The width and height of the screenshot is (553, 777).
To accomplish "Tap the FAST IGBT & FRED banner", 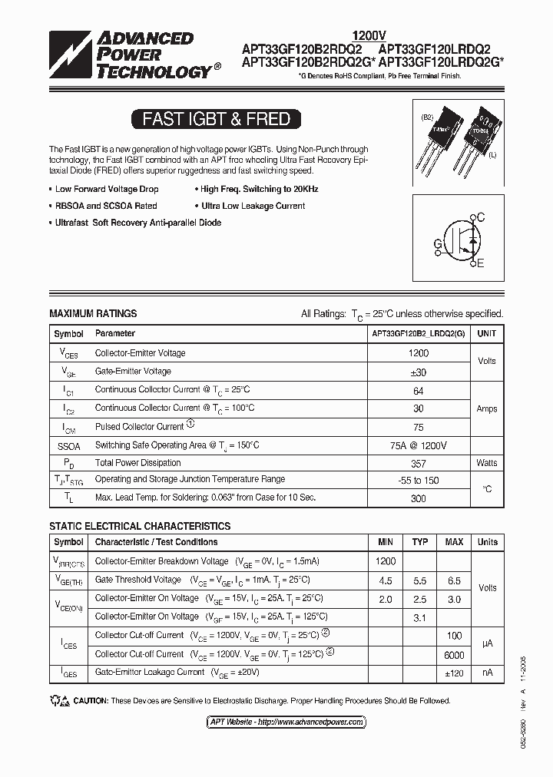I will click(x=216, y=119).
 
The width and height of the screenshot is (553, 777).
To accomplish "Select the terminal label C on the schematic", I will click(x=480, y=218).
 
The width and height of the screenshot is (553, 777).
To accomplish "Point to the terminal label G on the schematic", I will click(x=437, y=244).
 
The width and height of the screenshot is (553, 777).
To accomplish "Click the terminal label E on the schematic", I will click(x=480, y=264).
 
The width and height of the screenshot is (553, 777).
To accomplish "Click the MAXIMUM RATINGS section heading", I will click(x=93, y=313).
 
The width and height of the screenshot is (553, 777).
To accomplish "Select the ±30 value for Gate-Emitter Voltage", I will click(x=418, y=372).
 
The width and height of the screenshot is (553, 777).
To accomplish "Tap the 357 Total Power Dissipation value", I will click(x=418, y=463).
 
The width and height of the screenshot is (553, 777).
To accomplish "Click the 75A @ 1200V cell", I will click(x=418, y=445).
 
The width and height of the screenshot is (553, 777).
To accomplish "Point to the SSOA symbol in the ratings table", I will click(x=68, y=445).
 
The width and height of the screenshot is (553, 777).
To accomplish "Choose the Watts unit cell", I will click(x=486, y=463).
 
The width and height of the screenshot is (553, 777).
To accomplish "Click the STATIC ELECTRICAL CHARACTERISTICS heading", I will click(x=140, y=526).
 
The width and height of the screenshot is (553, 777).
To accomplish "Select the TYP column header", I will click(x=420, y=542).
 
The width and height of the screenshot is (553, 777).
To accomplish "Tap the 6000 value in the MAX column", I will click(x=454, y=655).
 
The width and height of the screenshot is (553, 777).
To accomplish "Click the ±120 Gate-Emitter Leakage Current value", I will click(x=454, y=673).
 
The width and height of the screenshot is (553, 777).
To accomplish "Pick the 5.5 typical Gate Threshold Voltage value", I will click(x=420, y=580).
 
